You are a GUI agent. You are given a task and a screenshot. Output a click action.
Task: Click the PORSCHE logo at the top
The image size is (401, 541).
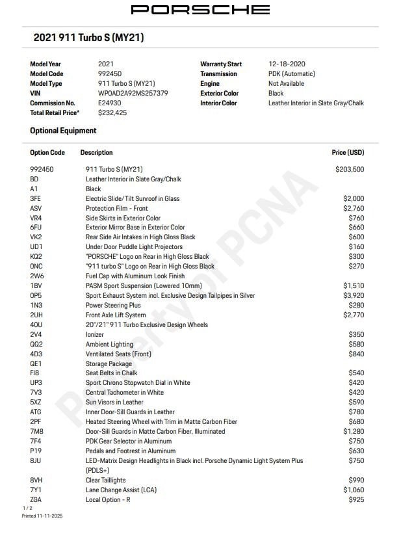pos(200,10)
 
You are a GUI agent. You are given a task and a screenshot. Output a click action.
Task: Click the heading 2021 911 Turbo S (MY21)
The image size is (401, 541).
pos(88,38)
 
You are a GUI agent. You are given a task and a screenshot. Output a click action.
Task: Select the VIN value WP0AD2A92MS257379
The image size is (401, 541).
pos(133,93)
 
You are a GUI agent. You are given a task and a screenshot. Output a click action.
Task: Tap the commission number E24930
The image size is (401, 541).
pos(110,103)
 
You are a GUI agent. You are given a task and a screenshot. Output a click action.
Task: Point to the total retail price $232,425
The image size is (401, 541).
pos(112,112)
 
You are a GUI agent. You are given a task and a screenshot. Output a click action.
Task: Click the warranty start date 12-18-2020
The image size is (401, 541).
pos(287,64)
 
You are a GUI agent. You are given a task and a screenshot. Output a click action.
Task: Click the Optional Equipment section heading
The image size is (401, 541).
pos(63,131)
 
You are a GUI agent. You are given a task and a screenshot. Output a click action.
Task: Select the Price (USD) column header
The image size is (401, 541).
pos(348,153)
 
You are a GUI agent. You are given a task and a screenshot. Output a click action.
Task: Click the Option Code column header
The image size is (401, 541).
pos(47,153)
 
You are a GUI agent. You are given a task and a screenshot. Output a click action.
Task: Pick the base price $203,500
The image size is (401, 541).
pos(350,169)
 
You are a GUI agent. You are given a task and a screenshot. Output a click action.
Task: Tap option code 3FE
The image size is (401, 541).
pos(36,198)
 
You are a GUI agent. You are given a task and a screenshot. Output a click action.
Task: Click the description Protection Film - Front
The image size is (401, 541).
pos(117,208)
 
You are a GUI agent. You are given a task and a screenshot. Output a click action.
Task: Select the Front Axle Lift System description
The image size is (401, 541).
pos(116,315)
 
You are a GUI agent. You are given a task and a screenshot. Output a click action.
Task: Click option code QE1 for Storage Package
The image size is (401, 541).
pos(36,363)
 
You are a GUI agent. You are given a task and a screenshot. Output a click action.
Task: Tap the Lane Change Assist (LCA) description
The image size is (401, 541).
pos(122,490)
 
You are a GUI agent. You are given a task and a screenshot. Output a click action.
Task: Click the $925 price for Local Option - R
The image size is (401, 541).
pos(356,499)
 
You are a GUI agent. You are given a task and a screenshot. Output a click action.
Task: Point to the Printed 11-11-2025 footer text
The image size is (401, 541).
pos(42,516)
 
